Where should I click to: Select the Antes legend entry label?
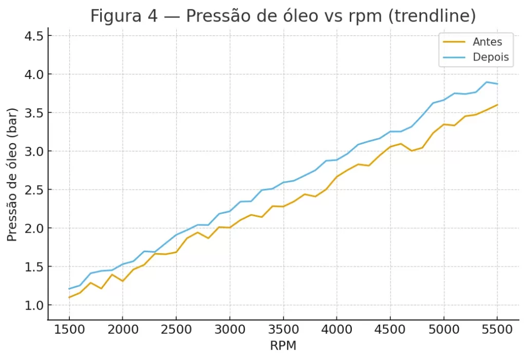(x=487, y=42)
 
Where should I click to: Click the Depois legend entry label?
(x=491, y=56)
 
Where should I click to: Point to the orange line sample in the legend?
(x=454, y=42)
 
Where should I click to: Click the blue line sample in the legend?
(x=454, y=56)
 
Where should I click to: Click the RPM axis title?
(x=283, y=346)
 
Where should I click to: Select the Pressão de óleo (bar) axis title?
(x=13, y=175)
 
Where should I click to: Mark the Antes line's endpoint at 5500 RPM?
(x=497, y=105)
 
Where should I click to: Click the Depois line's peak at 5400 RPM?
(x=486, y=82)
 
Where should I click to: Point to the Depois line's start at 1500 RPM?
(x=69, y=289)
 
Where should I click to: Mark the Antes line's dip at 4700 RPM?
(x=411, y=150)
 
